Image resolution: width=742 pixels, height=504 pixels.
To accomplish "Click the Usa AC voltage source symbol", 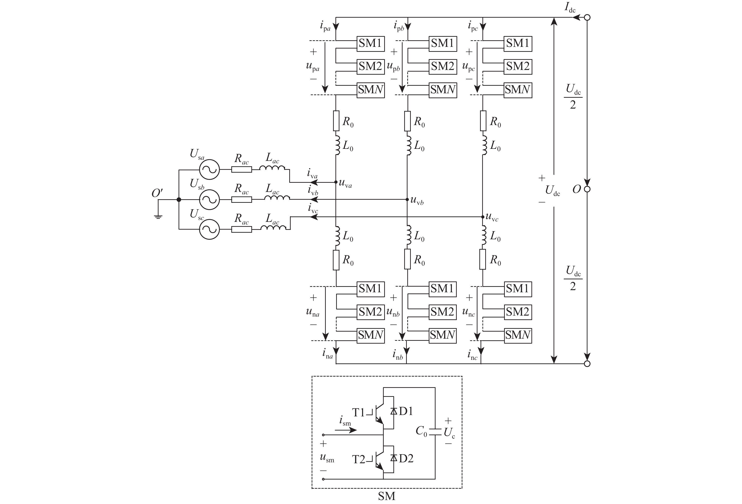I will [209, 170].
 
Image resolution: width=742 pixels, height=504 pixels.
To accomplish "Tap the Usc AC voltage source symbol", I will [209, 229].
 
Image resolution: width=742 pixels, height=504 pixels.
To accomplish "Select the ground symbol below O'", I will [158, 217].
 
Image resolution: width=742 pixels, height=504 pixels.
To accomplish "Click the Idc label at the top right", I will [570, 8].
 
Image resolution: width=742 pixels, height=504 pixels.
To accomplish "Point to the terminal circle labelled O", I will [587, 189].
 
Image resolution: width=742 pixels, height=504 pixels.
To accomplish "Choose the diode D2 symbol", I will [394, 458].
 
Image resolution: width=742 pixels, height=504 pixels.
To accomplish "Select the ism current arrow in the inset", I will [346, 430].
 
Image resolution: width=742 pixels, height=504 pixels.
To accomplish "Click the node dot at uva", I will [336, 182].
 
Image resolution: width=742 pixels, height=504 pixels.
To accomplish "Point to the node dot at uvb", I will [407, 199].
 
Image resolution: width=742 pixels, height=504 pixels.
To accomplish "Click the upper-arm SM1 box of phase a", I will [370, 43].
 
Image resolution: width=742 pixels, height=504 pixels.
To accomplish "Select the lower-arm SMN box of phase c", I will [518, 335].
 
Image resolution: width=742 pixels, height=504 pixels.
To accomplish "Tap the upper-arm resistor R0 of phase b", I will [408, 121].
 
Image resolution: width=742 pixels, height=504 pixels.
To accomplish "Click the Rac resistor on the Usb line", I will [241, 200].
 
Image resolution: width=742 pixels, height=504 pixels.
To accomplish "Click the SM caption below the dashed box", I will [387, 496].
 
